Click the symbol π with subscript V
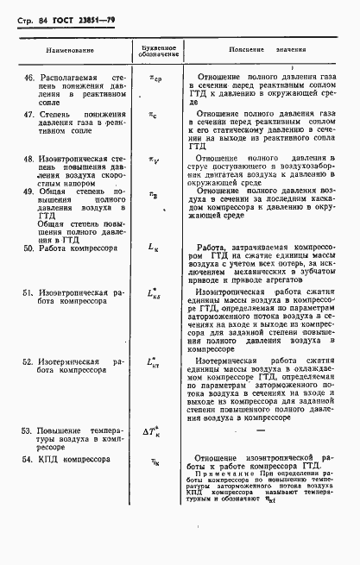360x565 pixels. coord(155,160)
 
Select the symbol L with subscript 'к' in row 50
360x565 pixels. coord(154,248)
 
